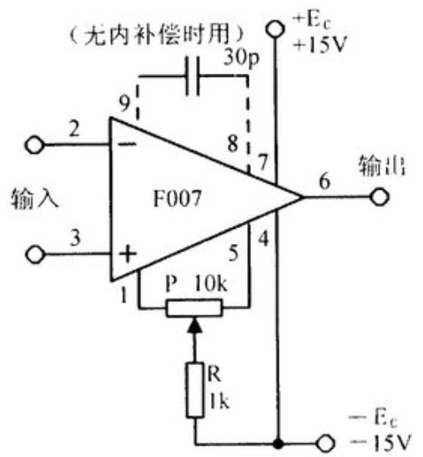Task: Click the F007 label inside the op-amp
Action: pyautogui.click(x=178, y=199)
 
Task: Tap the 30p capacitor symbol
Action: pyautogui.click(x=193, y=76)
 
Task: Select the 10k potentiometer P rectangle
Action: pyautogui.click(x=194, y=307)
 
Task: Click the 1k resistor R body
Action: pyautogui.click(x=194, y=390)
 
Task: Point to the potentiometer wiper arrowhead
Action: pyautogui.click(x=194, y=325)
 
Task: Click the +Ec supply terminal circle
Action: pyautogui.click(x=274, y=29)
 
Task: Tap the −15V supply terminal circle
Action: pyautogui.click(x=325, y=444)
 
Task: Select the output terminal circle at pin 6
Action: pyautogui.click(x=380, y=197)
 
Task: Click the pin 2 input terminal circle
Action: pyautogui.click(x=35, y=145)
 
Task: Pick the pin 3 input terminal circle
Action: pyautogui.click(x=35, y=254)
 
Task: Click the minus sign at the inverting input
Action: pyautogui.click(x=127, y=144)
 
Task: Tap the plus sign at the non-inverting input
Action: pyautogui.click(x=128, y=253)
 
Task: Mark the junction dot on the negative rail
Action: pyautogui.click(x=279, y=444)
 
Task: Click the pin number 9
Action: pyautogui.click(x=124, y=103)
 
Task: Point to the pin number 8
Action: pyautogui.click(x=233, y=143)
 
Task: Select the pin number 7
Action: pyautogui.click(x=263, y=162)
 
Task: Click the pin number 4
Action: pyautogui.click(x=263, y=239)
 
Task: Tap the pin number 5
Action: pyautogui.click(x=234, y=252)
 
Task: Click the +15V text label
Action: pyautogui.click(x=320, y=44)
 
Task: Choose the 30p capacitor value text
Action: pyautogui.click(x=241, y=58)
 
